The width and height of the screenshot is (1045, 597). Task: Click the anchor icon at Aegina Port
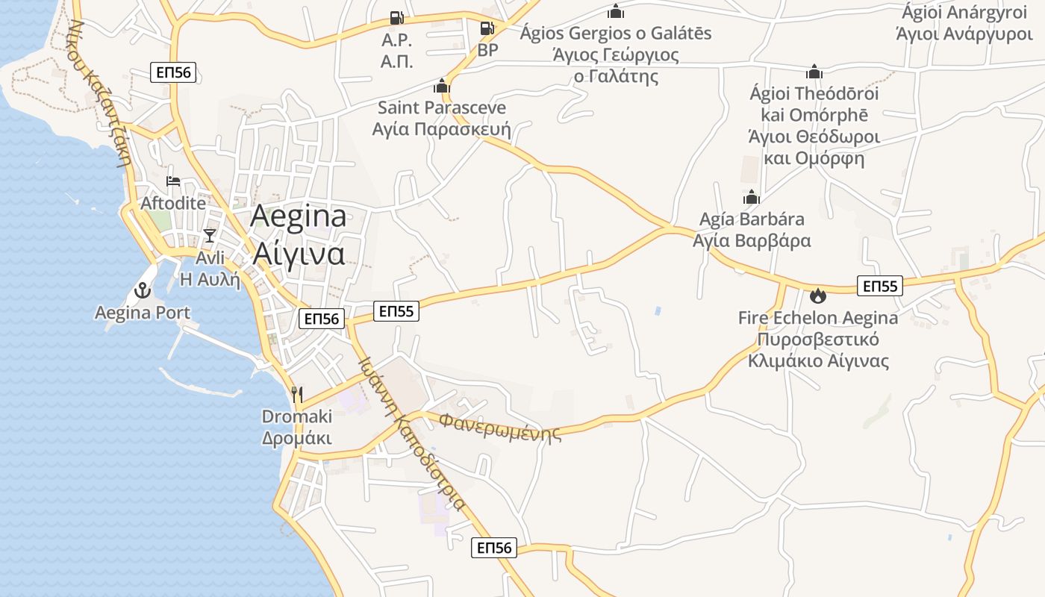click(x=142, y=290)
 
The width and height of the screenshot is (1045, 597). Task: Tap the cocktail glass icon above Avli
click(x=209, y=236)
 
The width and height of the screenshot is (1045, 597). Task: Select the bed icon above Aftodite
click(x=173, y=181)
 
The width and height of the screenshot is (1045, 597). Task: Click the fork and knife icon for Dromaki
click(x=297, y=394)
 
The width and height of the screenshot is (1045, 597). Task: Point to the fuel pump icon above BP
click(x=487, y=28)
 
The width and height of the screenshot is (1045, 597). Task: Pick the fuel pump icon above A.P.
click(x=396, y=18)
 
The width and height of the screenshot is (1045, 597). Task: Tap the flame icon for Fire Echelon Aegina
click(x=818, y=296)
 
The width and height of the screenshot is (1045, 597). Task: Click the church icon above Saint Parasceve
click(x=442, y=86)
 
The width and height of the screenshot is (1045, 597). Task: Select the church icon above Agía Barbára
click(x=751, y=197)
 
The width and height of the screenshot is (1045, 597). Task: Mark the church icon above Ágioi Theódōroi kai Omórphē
click(x=814, y=72)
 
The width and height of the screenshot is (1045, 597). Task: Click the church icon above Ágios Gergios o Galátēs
click(x=616, y=11)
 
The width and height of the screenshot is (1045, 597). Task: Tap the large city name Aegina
click(x=299, y=216)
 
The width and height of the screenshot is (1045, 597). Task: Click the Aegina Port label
click(x=143, y=313)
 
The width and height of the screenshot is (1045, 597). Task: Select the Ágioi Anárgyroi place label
click(x=964, y=13)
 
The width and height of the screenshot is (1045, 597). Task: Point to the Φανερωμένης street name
click(x=499, y=427)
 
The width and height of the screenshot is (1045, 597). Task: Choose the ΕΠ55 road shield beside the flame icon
click(x=880, y=286)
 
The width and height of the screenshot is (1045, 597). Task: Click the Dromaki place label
click(x=297, y=416)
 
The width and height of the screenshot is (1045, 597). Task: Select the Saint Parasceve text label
click(x=441, y=108)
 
